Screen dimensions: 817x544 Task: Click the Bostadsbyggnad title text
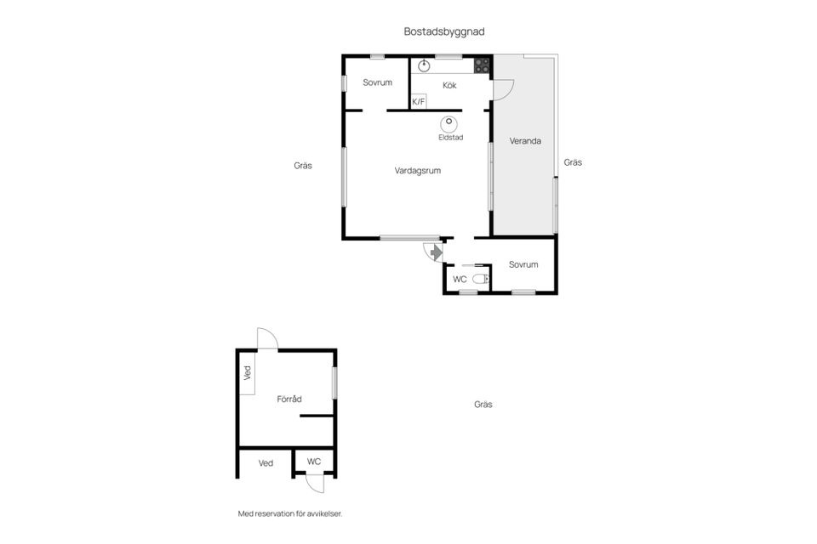[x=444, y=31]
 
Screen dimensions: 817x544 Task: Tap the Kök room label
[x=449, y=85]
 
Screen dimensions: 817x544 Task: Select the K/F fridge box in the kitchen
[x=419, y=101]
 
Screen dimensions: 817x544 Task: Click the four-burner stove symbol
[x=482, y=65]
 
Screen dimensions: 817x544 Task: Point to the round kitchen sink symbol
[x=424, y=65]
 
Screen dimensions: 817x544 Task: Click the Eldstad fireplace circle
[x=448, y=124]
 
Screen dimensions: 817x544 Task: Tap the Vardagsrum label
[x=417, y=171]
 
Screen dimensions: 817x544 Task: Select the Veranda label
[x=525, y=141]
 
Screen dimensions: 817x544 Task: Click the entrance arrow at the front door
[x=436, y=252]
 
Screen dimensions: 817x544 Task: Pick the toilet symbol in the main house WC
[x=481, y=280]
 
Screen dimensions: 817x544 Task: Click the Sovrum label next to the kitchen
[x=377, y=82]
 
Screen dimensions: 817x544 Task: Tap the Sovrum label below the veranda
[x=523, y=264]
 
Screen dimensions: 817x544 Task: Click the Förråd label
[x=289, y=399]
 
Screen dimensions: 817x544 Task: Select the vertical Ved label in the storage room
[x=248, y=373]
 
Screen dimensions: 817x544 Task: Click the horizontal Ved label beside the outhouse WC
[x=266, y=463]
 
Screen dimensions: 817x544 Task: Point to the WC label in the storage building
[x=314, y=462]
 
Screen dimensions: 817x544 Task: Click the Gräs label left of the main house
[x=303, y=166]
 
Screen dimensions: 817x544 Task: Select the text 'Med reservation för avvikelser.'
[x=290, y=513]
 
